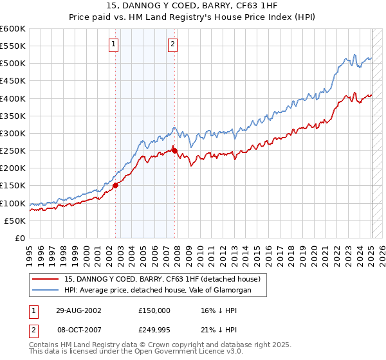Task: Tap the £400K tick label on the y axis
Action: tap(13, 98)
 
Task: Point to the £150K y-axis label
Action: tap(13, 186)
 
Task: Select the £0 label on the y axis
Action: tap(19, 238)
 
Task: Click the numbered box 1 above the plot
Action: tap(113, 44)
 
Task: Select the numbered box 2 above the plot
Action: tap(173, 44)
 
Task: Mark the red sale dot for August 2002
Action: tap(116, 186)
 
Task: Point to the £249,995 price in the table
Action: tap(154, 329)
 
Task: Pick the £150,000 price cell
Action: tap(154, 310)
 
